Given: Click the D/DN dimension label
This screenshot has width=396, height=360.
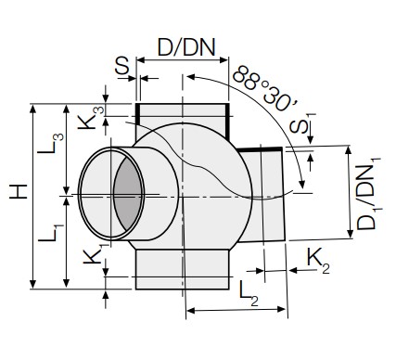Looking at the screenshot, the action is [186, 47].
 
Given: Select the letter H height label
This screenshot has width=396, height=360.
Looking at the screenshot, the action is [19, 192].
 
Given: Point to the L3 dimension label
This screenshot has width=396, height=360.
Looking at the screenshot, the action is [51, 143].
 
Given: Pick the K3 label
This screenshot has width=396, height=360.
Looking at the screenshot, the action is [91, 118].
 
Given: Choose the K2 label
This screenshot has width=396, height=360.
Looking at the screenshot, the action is [318, 261].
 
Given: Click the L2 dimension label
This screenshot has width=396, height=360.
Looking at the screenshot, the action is [249, 294].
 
